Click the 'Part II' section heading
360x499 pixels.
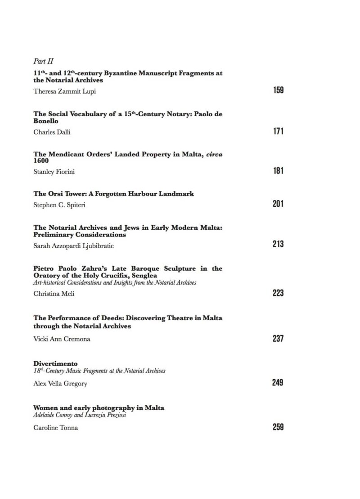coord(44,61)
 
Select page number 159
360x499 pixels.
coord(278,91)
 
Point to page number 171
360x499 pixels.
coord(278,132)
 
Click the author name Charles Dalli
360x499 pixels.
coord(51,132)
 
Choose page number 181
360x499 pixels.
coord(278,171)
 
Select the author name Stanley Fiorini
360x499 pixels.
coord(54,171)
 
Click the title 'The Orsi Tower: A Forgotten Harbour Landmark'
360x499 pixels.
coord(114,194)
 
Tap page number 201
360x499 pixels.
coord(278,204)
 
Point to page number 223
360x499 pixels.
coord(278,293)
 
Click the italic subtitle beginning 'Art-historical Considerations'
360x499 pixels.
coord(115,282)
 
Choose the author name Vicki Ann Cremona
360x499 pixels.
coord(62,339)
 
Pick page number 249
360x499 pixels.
coord(278,383)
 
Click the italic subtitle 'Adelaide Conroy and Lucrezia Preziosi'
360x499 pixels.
coord(80,415)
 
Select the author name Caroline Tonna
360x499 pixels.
coord(55,427)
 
